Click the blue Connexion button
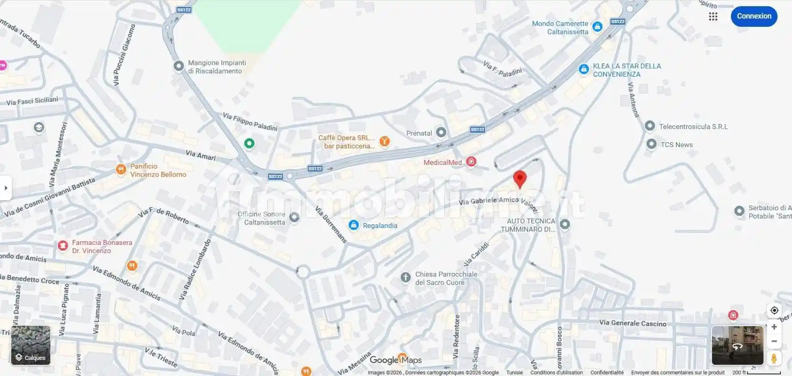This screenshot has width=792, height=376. coord(754,16)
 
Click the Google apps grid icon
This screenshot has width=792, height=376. coord(713,16)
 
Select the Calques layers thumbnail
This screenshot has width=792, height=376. coord(31,345)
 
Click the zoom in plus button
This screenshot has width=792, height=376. coord(774,327)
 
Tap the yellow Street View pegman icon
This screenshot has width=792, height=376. coord(774,359)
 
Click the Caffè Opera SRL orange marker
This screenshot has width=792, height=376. coord(385,141)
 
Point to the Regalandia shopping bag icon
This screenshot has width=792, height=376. coord(354,225)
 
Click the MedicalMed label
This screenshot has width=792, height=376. coord(442,163)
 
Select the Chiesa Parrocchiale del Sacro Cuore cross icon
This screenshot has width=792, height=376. coord(405,278)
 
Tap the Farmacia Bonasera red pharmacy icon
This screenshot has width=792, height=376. coord(63,245)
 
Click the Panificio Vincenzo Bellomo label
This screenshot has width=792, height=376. coord(158,170)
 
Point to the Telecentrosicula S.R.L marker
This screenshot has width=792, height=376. coord(650,126)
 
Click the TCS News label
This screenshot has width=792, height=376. coord(676,145)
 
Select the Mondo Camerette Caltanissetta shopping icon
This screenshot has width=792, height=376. coord(597,27)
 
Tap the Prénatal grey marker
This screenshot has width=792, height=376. coord(441,132)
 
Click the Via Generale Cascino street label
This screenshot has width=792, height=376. coord(633,323)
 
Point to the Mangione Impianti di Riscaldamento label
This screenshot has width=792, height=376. coord(217,67)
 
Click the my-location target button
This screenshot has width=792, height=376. coord(774,310)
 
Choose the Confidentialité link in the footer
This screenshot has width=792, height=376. coord(607,373)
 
